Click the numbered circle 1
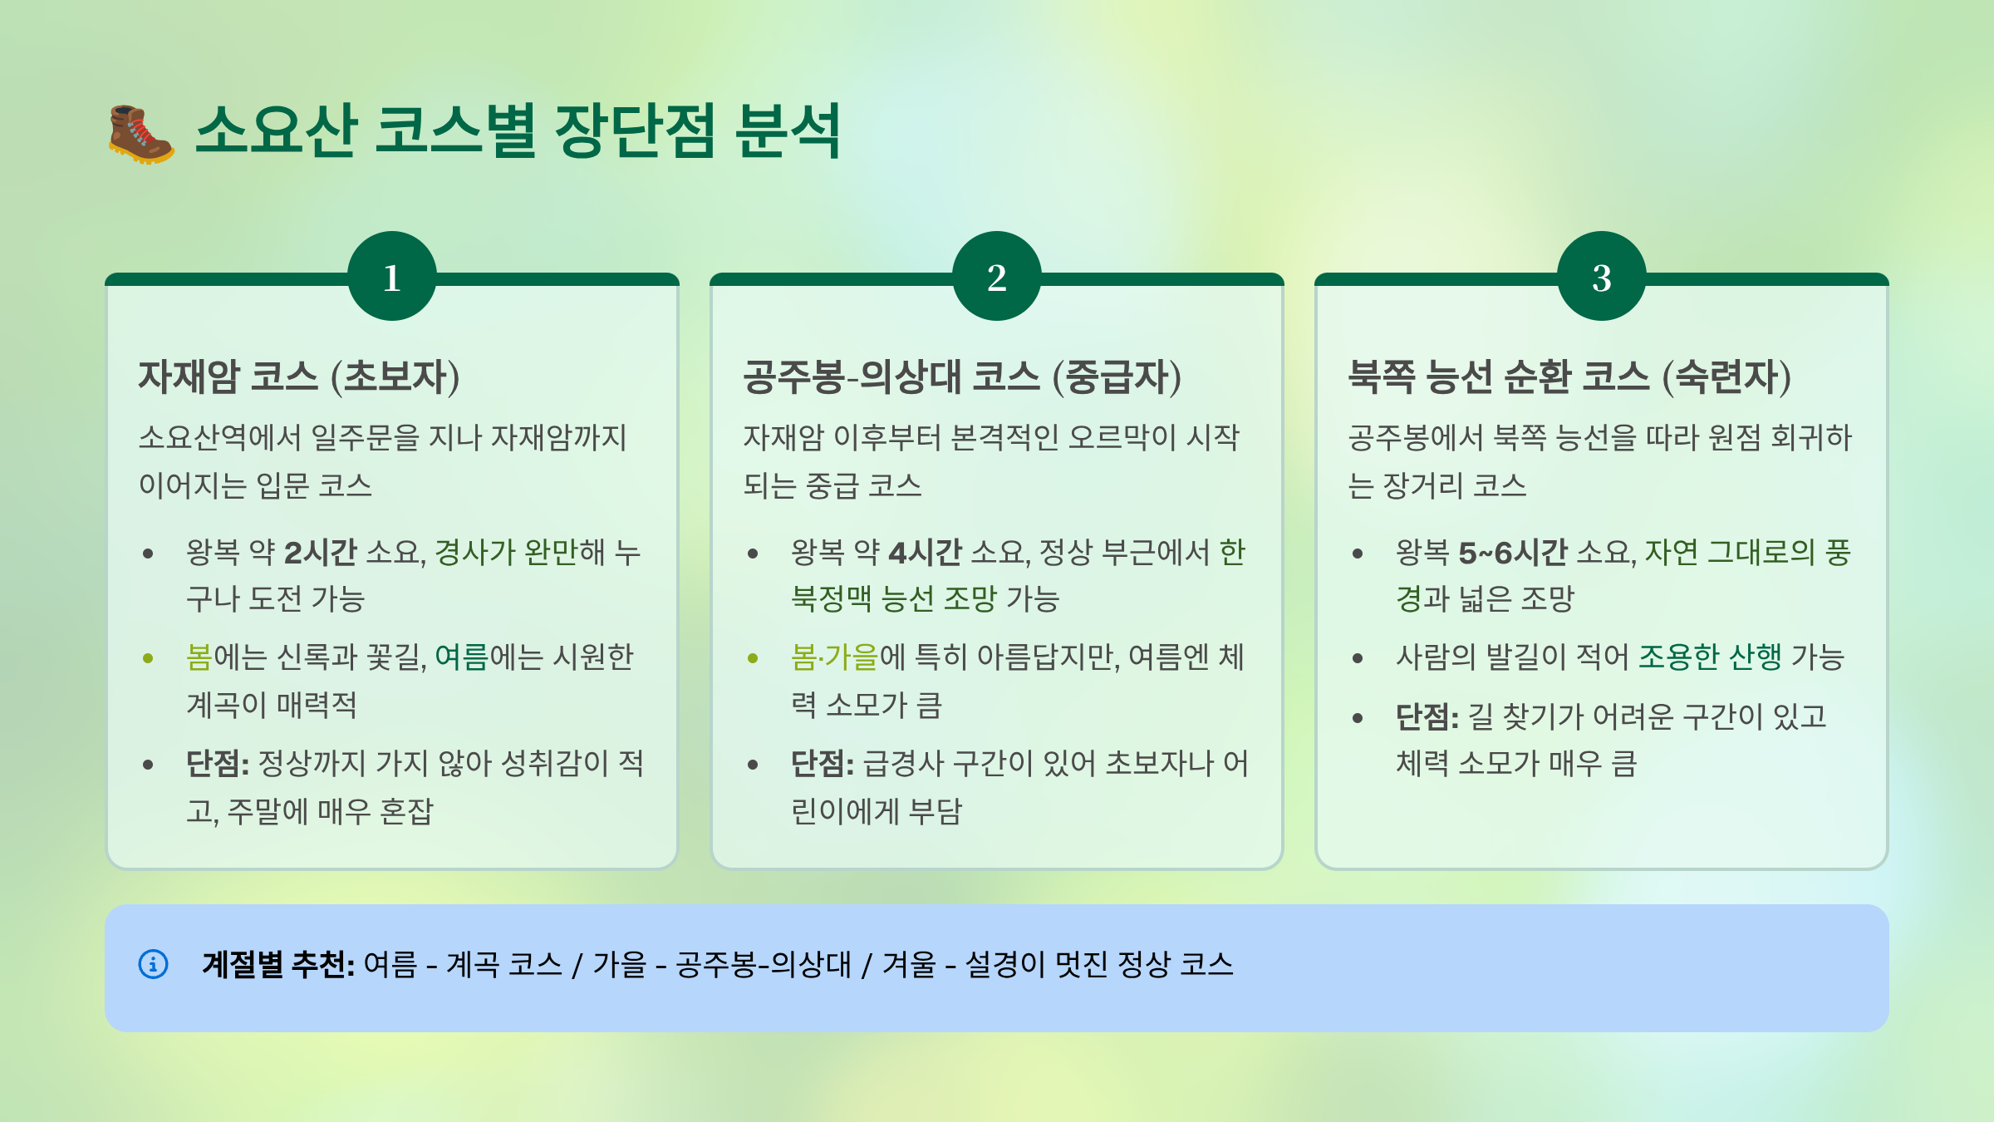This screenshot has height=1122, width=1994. click(392, 277)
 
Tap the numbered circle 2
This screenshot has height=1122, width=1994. click(996, 277)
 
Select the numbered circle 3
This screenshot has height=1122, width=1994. click(1601, 277)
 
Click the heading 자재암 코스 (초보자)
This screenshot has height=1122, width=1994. click(299, 376)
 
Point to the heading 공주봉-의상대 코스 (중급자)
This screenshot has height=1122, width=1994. click(962, 376)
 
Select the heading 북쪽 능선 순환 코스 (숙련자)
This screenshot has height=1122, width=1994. click(1569, 376)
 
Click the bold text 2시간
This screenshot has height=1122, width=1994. click(321, 552)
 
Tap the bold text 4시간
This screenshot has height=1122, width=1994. click(925, 552)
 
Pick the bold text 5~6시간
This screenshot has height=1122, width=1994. click(1512, 552)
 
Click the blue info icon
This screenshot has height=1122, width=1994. click(153, 964)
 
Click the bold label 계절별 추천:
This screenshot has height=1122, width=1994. click(277, 964)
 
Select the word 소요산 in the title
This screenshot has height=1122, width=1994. click(276, 131)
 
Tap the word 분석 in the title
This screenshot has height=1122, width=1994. click(788, 131)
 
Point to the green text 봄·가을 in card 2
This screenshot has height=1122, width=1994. click(834, 657)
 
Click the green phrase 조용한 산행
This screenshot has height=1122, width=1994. click(1710, 657)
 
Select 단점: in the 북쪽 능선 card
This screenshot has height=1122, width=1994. click(1427, 716)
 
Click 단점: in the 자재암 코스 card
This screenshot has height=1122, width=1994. click(217, 763)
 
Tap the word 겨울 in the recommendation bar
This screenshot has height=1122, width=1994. click(908, 964)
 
